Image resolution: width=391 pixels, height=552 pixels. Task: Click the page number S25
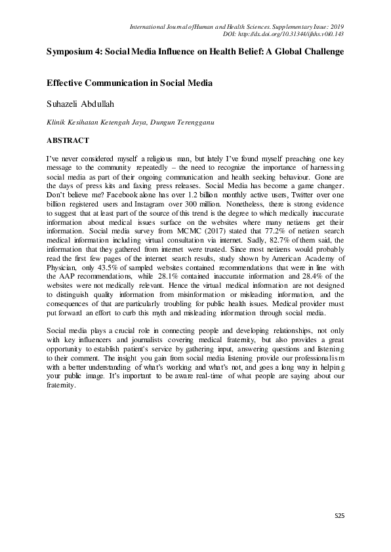pos(338,517)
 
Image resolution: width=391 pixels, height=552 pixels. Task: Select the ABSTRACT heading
pos(68,140)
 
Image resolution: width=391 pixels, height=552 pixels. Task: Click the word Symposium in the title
pos(73,51)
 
